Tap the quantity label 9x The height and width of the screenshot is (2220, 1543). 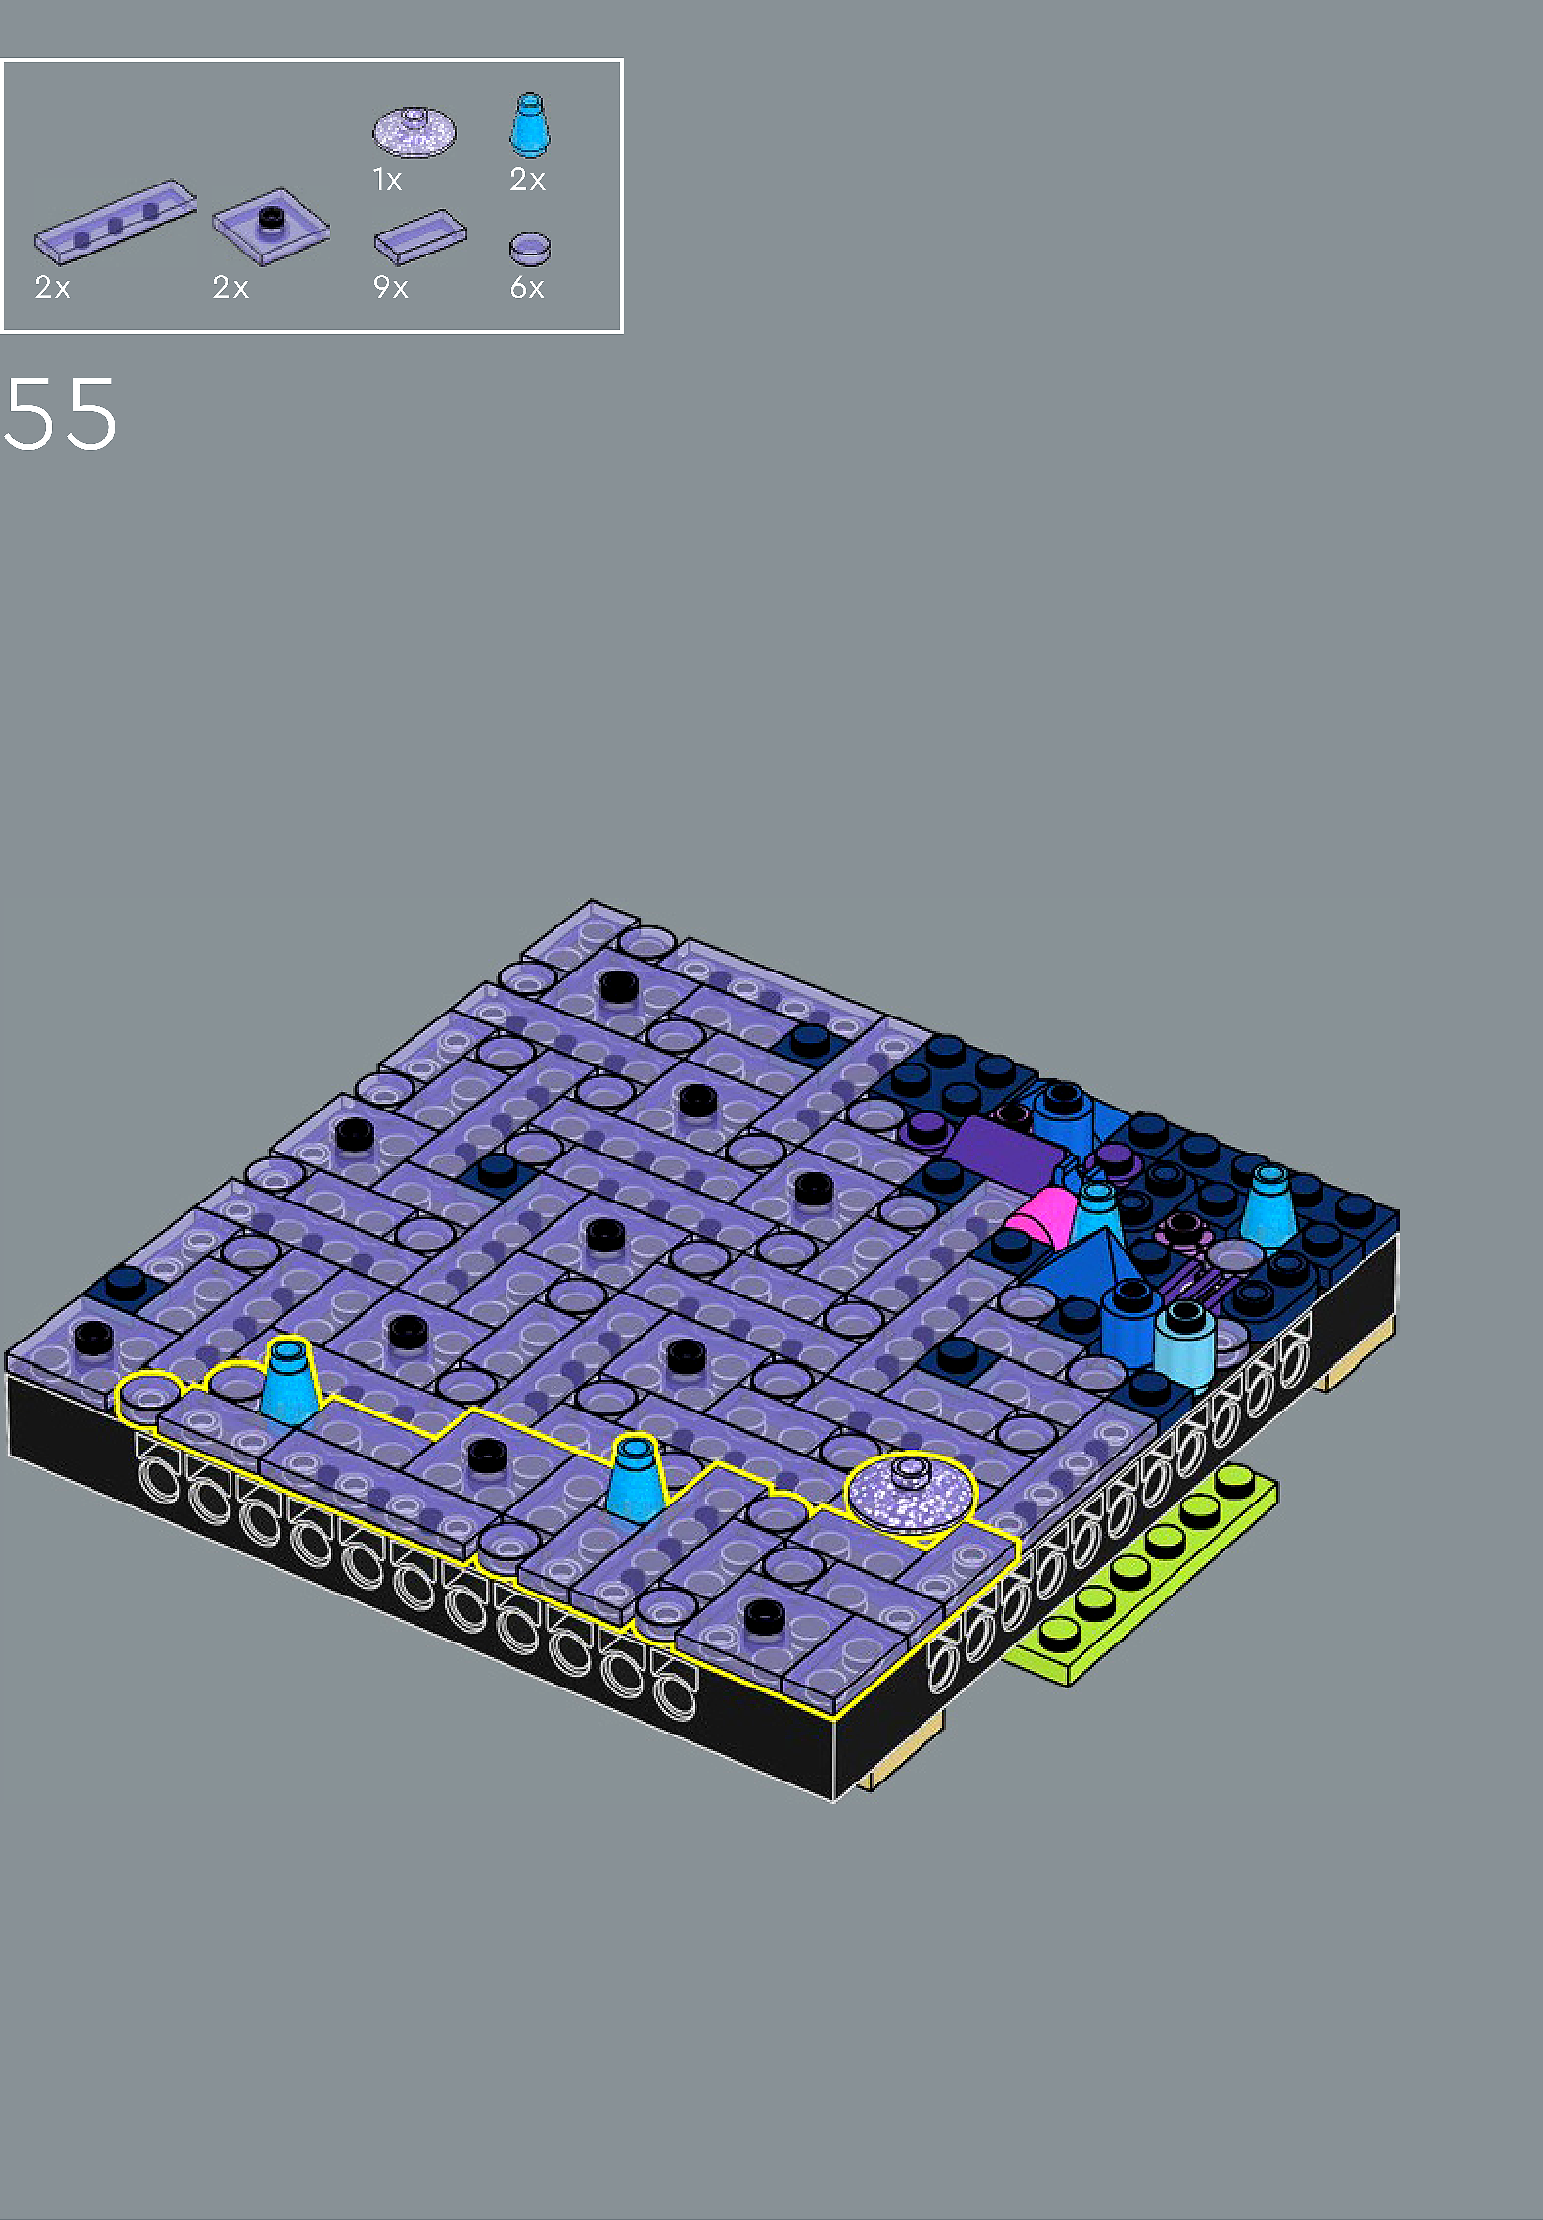391,287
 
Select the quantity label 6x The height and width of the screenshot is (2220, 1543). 527,287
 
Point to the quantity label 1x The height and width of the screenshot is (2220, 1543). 387,180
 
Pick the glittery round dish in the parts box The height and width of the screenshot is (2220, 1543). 415,132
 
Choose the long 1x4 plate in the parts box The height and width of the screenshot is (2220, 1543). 115,221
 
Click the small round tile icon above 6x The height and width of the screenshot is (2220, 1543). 530,249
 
